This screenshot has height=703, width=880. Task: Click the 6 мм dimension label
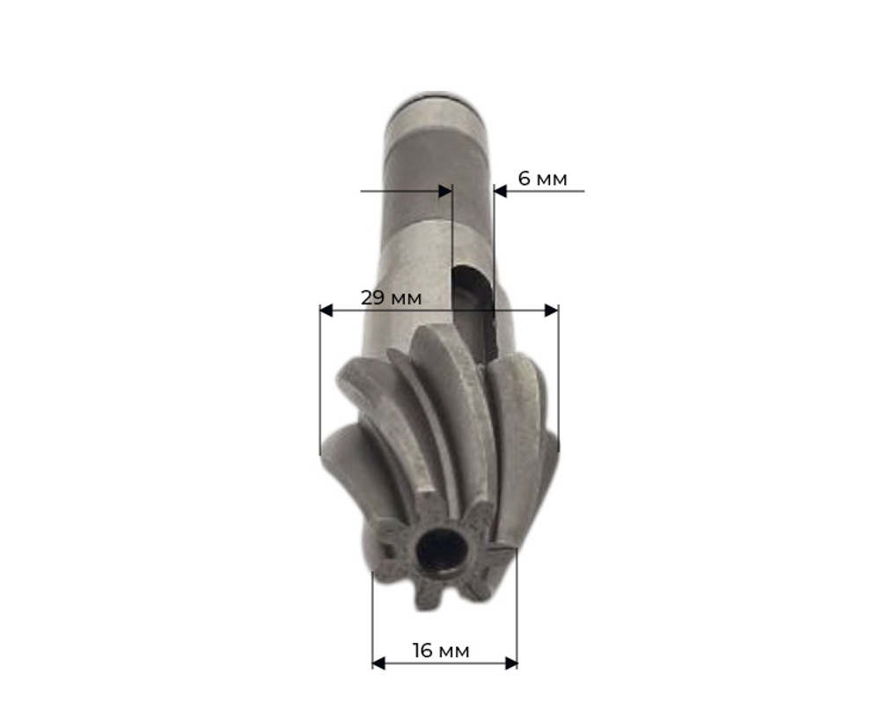pos(542,179)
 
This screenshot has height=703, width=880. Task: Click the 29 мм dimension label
pos(392,297)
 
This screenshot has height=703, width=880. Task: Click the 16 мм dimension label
pos(441,650)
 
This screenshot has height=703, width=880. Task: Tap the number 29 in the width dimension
pos(372,297)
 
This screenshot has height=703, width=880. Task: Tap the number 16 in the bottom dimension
pos(422,650)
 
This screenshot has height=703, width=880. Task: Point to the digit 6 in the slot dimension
pos(524,179)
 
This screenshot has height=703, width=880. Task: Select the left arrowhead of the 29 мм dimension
pos(326,311)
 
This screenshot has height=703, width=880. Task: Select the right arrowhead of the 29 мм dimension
pos(551,311)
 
